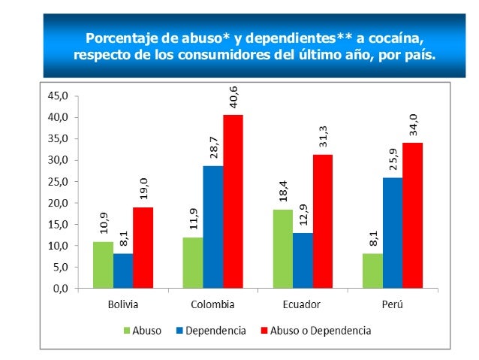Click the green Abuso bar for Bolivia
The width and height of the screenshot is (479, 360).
(103, 265)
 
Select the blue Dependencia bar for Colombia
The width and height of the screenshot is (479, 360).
(212, 226)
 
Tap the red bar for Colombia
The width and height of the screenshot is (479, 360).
(233, 201)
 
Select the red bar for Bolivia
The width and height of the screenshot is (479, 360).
(143, 247)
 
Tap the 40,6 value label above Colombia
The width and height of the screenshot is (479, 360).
(233, 97)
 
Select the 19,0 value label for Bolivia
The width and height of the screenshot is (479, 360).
(143, 189)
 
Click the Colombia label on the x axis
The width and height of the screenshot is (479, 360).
(212, 304)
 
